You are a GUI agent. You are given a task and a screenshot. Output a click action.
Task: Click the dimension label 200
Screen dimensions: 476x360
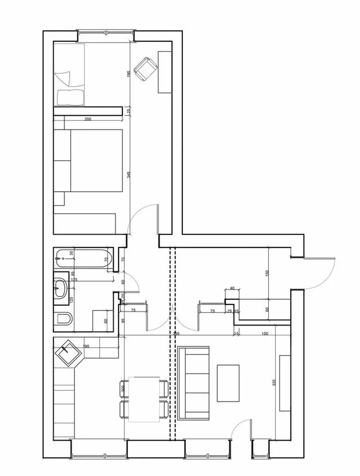tap(88, 119)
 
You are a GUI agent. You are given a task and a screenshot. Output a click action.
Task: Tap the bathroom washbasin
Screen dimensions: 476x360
tap(61, 288)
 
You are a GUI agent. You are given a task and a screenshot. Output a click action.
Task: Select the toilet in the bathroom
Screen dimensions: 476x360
tap(64, 318)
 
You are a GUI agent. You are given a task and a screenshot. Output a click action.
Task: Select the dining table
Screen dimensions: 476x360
tap(143, 399)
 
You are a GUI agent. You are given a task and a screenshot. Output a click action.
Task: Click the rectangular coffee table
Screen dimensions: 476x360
tap(228, 382)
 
